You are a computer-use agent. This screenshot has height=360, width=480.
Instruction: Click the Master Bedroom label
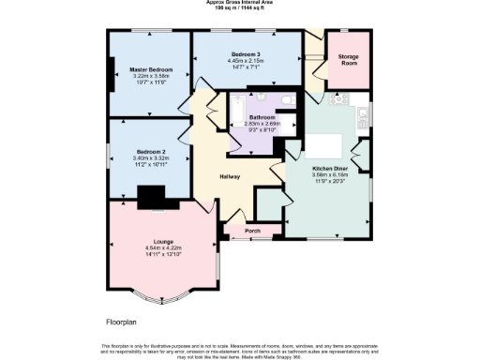[151, 69]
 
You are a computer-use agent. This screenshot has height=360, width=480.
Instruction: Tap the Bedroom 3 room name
[247, 55]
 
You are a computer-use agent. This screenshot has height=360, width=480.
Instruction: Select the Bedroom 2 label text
[150, 151]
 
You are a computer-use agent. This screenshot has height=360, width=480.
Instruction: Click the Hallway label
[230, 176]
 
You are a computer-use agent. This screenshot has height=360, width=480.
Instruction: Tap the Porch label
[251, 230]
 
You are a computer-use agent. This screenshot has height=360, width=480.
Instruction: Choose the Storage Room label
[349, 60]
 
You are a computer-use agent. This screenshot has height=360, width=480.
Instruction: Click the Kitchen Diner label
[329, 168]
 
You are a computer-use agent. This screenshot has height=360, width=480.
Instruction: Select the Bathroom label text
[262, 116]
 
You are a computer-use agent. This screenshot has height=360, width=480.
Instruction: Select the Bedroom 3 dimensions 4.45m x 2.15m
[247, 62]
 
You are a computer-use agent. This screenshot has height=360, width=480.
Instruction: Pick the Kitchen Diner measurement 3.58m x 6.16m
[329, 174]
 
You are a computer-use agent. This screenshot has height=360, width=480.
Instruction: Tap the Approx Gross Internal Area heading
[239, 3]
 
